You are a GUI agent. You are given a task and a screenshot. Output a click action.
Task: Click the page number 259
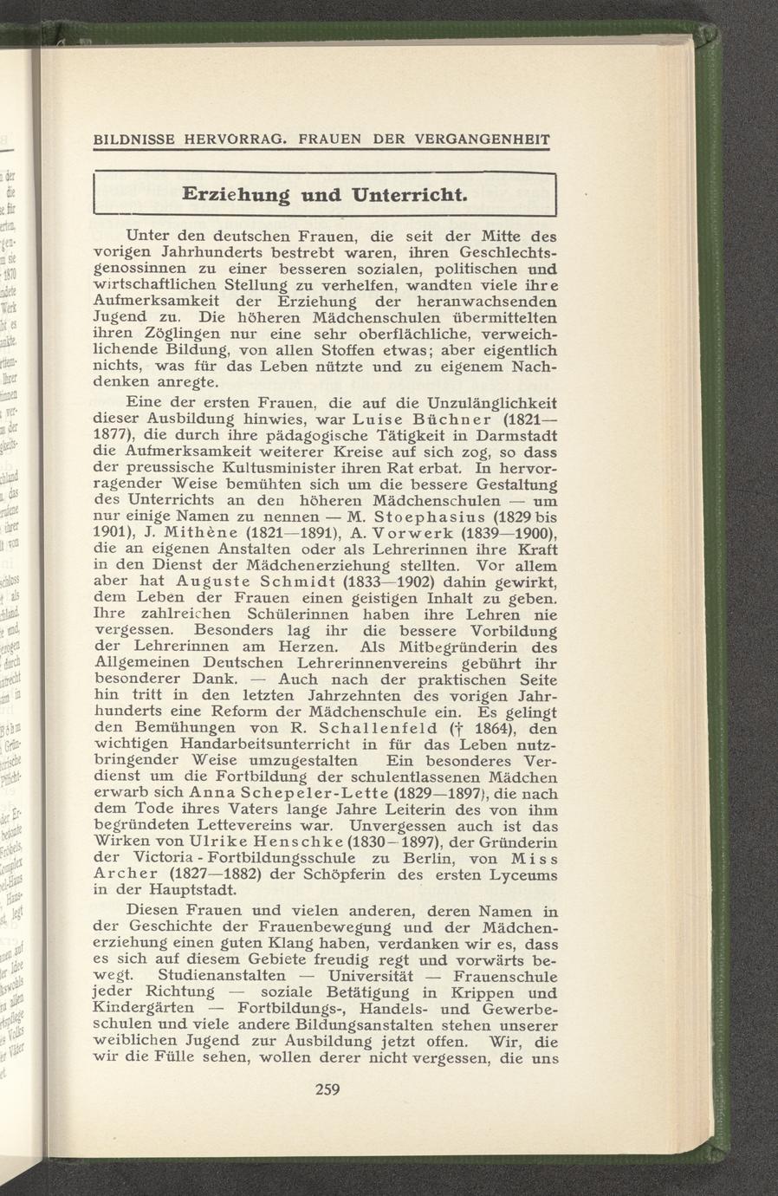(x=325, y=1089)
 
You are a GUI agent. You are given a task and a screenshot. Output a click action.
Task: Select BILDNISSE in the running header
(x=135, y=139)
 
